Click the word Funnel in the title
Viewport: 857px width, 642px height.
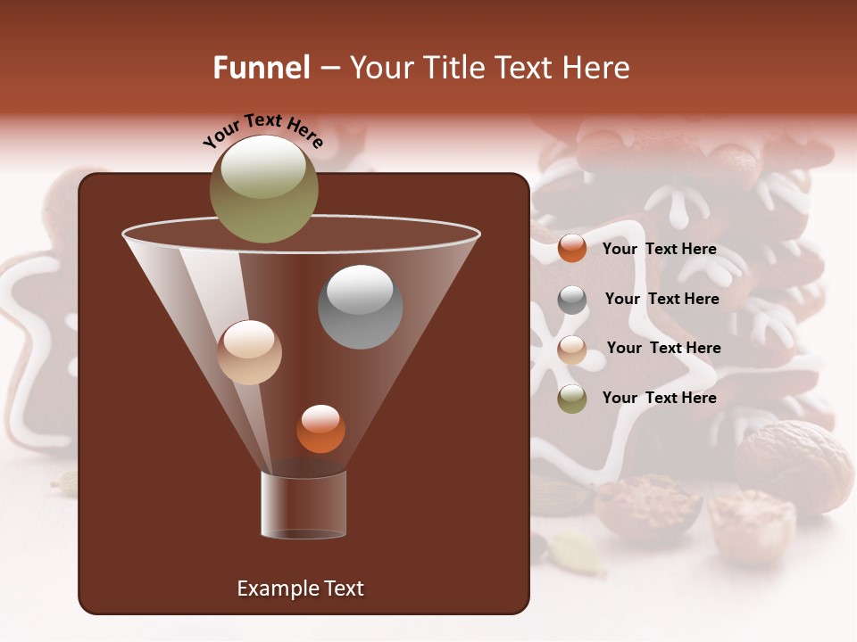pos(261,68)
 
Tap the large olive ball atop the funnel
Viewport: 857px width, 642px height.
pos(264,188)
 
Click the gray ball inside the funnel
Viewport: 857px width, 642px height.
pos(361,307)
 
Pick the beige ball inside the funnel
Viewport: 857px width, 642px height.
pos(249,352)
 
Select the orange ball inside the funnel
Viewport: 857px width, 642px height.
pos(320,429)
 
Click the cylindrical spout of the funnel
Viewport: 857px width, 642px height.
pos(304,506)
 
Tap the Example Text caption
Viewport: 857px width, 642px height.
pos(300,588)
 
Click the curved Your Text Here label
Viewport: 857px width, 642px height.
pos(263,130)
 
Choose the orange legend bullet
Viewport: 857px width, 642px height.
pos(572,248)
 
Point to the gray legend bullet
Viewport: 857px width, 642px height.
pos(572,300)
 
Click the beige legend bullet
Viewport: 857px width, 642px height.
pos(572,350)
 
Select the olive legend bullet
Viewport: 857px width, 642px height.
pos(572,399)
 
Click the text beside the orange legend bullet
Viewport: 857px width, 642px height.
pos(659,249)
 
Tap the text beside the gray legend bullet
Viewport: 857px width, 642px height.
pos(661,299)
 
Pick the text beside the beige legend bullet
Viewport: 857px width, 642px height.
pos(663,348)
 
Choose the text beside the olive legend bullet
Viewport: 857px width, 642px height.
pos(659,398)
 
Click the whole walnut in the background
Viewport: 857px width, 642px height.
pos(795,467)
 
